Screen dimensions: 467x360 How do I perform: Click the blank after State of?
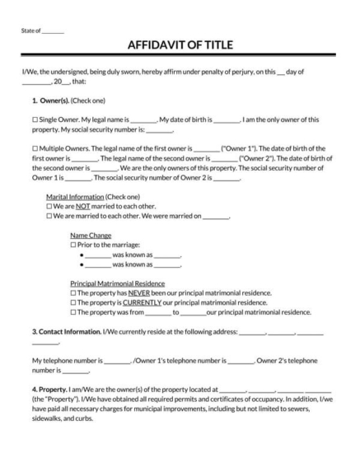[x=53, y=30]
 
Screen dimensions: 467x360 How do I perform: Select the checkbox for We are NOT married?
[x=49, y=207]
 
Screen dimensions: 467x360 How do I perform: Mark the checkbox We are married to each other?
[x=49, y=216]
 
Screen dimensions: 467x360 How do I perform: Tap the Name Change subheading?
[x=91, y=236]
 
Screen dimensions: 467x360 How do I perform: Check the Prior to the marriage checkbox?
[x=73, y=245]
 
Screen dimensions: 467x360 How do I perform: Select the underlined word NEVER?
[x=138, y=292]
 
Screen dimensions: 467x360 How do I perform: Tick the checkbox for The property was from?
[x=73, y=312]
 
